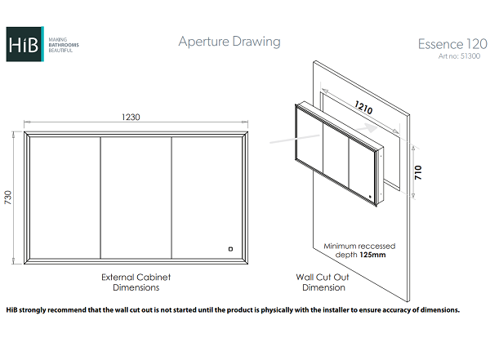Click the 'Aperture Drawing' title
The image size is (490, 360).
(229, 42)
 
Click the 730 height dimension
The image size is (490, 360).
(9, 197)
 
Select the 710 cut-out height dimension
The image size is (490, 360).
(418, 173)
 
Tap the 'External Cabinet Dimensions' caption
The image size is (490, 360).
(136, 282)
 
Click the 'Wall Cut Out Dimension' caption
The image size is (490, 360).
(323, 282)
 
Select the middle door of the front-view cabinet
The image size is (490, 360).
(136, 197)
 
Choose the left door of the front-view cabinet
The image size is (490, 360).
(65, 197)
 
